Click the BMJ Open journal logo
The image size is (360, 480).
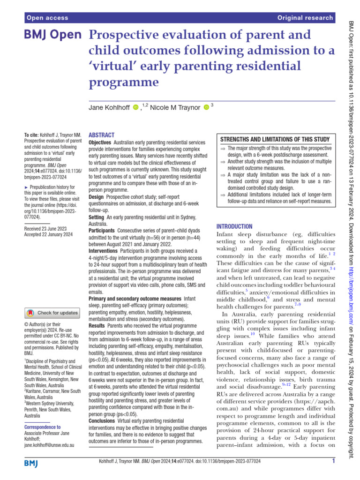pyautogui.click(x=52, y=35)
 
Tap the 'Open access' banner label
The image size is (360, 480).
pyautogui.click(x=47, y=18)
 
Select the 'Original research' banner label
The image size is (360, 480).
pyautogui.click(x=305, y=18)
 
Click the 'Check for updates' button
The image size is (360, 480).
pyautogui.click(x=52, y=313)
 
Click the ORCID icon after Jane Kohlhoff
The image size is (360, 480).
pyautogui.click(x=136, y=108)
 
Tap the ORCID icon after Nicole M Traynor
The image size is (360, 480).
pyautogui.click(x=206, y=108)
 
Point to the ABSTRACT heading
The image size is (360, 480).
pyautogui.click(x=101, y=135)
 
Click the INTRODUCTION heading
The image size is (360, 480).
pyautogui.click(x=234, y=226)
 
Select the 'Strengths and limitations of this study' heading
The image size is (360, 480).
pyautogui.click(x=275, y=139)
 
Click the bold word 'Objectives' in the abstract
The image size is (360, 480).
pyautogui.click(x=100, y=142)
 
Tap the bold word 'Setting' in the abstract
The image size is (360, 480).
pyautogui.click(x=97, y=217)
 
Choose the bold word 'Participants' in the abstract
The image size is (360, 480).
pyautogui.click(x=101, y=231)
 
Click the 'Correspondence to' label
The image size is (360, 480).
pyautogui.click(x=42, y=427)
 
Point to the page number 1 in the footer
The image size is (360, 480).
pyautogui.click(x=333, y=461)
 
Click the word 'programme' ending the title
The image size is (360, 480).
pyautogui.click(x=124, y=82)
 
